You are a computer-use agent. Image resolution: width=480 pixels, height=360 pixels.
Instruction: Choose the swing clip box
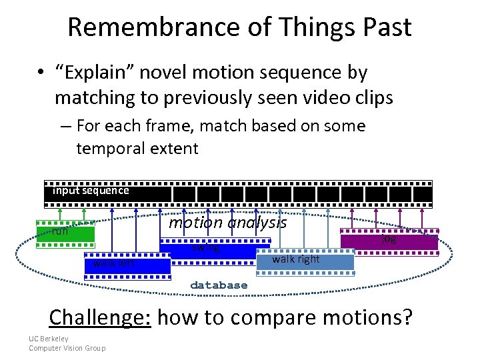[208, 249]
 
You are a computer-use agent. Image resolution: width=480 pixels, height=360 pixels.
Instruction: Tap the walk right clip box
[305, 260]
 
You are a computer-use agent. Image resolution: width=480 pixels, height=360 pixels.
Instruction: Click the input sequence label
[91, 191]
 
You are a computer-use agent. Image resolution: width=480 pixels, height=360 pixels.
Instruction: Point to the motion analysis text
[227, 223]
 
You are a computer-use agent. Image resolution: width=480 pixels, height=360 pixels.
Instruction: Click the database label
[219, 285]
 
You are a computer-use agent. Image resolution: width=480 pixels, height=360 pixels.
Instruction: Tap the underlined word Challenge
[100, 317]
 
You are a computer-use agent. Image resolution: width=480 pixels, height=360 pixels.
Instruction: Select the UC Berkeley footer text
[49, 339]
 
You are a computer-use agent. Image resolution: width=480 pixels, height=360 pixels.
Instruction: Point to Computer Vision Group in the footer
[67, 348]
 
